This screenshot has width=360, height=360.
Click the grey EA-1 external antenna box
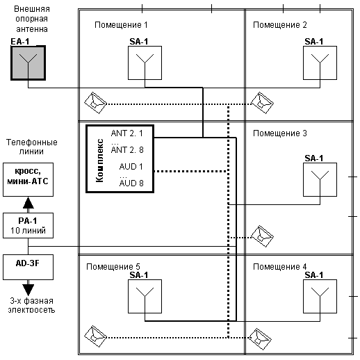click(28, 63)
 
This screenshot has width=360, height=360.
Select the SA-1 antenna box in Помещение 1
click(145, 63)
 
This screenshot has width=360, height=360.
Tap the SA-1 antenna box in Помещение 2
click(320, 63)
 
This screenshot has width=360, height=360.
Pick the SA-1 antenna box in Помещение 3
click(320, 180)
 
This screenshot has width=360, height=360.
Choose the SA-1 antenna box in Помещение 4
click(320, 297)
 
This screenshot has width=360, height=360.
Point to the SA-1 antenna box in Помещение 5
click(145, 297)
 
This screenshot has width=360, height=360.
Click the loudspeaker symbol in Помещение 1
click(95, 103)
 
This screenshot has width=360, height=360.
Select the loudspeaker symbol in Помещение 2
click(262, 103)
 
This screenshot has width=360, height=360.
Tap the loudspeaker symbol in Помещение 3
click(262, 236)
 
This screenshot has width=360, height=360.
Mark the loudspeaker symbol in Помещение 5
click(95, 336)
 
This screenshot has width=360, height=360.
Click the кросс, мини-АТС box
click(28, 180)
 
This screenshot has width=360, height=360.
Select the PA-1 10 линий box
click(28, 226)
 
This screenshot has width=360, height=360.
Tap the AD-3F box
click(28, 268)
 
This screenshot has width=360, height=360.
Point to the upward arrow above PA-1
click(28, 205)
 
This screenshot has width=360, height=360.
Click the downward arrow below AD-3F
click(28, 288)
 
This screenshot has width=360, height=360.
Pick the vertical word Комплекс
click(99, 161)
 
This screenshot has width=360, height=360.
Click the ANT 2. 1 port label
click(127, 133)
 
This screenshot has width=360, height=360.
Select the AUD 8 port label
click(131, 183)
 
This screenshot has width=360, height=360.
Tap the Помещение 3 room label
click(280, 133)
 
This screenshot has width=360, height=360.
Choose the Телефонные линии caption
click(32, 147)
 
